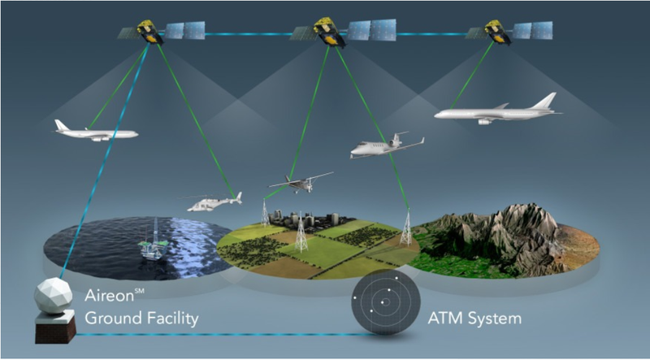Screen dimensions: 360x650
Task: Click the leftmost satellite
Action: click(x=150, y=33)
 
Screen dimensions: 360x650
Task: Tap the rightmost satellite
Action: click(x=496, y=33)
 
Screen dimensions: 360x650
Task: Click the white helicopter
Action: click(x=213, y=203)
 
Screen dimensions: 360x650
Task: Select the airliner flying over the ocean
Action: click(x=94, y=132)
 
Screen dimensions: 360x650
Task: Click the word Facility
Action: click(x=170, y=319)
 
